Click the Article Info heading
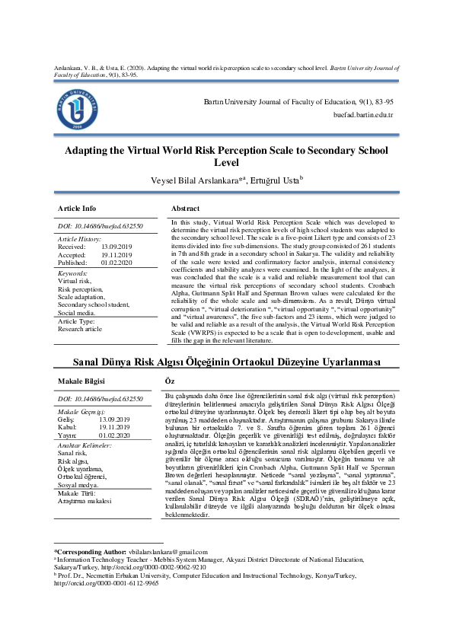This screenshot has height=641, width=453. [78, 208]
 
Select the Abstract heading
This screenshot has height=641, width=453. [185, 208]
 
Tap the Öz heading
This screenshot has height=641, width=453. [169, 380]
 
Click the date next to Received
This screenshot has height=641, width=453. [116, 247]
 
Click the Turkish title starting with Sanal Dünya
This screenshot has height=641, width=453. [226, 361]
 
